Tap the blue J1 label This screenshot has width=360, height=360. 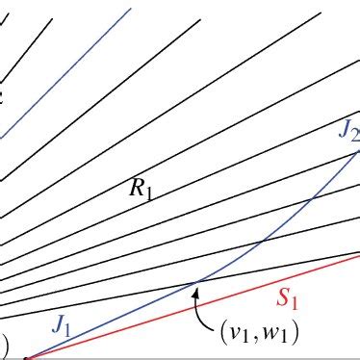click(x=63, y=327)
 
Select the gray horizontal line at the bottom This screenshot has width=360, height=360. click(x=193, y=358)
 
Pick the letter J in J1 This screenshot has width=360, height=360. click(x=59, y=326)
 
